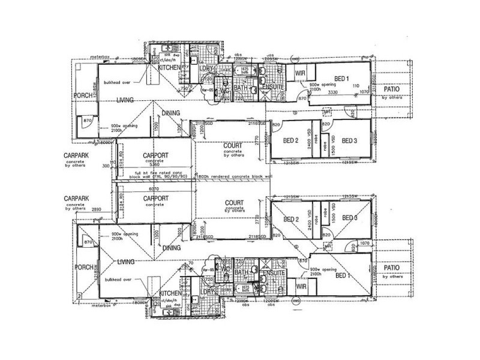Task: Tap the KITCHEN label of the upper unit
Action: (169, 68)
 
